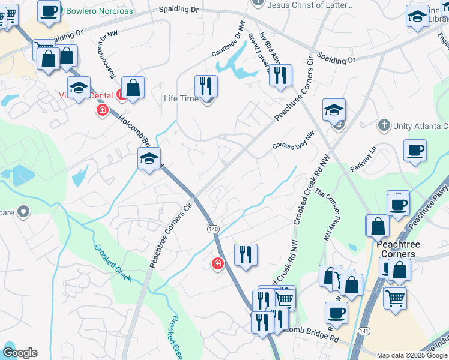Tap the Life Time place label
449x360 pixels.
181,98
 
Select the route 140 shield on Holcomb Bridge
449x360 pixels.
213,229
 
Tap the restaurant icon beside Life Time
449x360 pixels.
206,86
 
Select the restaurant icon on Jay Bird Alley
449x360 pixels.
280,76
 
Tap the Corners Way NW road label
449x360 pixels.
293,142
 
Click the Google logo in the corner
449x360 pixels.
20,353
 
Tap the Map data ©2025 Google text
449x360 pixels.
411,355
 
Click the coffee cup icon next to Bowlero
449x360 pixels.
49,10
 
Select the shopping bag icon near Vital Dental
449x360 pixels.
133,88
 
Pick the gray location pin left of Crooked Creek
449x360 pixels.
23,211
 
